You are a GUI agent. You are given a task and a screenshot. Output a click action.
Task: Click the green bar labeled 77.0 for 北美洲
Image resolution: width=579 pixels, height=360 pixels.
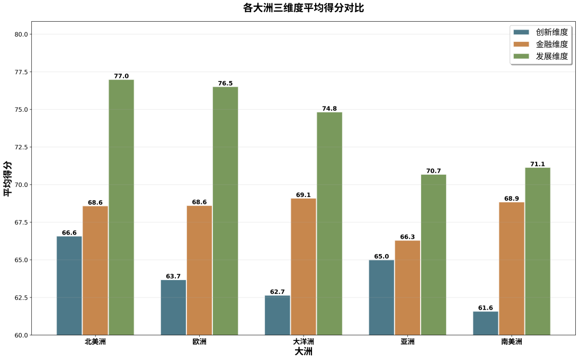(x=121, y=207)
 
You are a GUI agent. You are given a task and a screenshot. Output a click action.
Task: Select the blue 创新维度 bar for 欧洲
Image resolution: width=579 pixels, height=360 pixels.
(x=173, y=307)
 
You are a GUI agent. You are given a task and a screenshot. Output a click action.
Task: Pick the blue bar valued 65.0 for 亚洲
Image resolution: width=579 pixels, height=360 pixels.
(x=381, y=297)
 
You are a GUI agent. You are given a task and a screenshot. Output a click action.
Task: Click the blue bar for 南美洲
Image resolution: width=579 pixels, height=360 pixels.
(x=486, y=323)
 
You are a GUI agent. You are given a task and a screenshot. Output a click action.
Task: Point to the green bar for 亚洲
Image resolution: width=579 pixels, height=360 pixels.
(x=433, y=255)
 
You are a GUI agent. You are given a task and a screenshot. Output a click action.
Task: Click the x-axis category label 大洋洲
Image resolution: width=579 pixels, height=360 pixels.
(x=304, y=341)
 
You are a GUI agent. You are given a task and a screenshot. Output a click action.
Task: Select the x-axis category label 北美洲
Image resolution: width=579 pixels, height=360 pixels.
(x=95, y=341)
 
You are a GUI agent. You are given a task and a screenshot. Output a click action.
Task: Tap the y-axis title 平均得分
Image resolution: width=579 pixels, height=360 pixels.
(x=7, y=179)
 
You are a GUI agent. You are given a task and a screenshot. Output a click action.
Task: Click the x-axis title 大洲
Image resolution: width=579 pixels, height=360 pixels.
(x=304, y=352)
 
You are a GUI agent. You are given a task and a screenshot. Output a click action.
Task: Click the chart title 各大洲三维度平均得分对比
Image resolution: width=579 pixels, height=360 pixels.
(x=304, y=8)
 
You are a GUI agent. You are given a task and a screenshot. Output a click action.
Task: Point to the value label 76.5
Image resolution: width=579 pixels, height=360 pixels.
(x=225, y=84)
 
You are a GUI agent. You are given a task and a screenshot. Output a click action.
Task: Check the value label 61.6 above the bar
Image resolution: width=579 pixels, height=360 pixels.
(x=486, y=308)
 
